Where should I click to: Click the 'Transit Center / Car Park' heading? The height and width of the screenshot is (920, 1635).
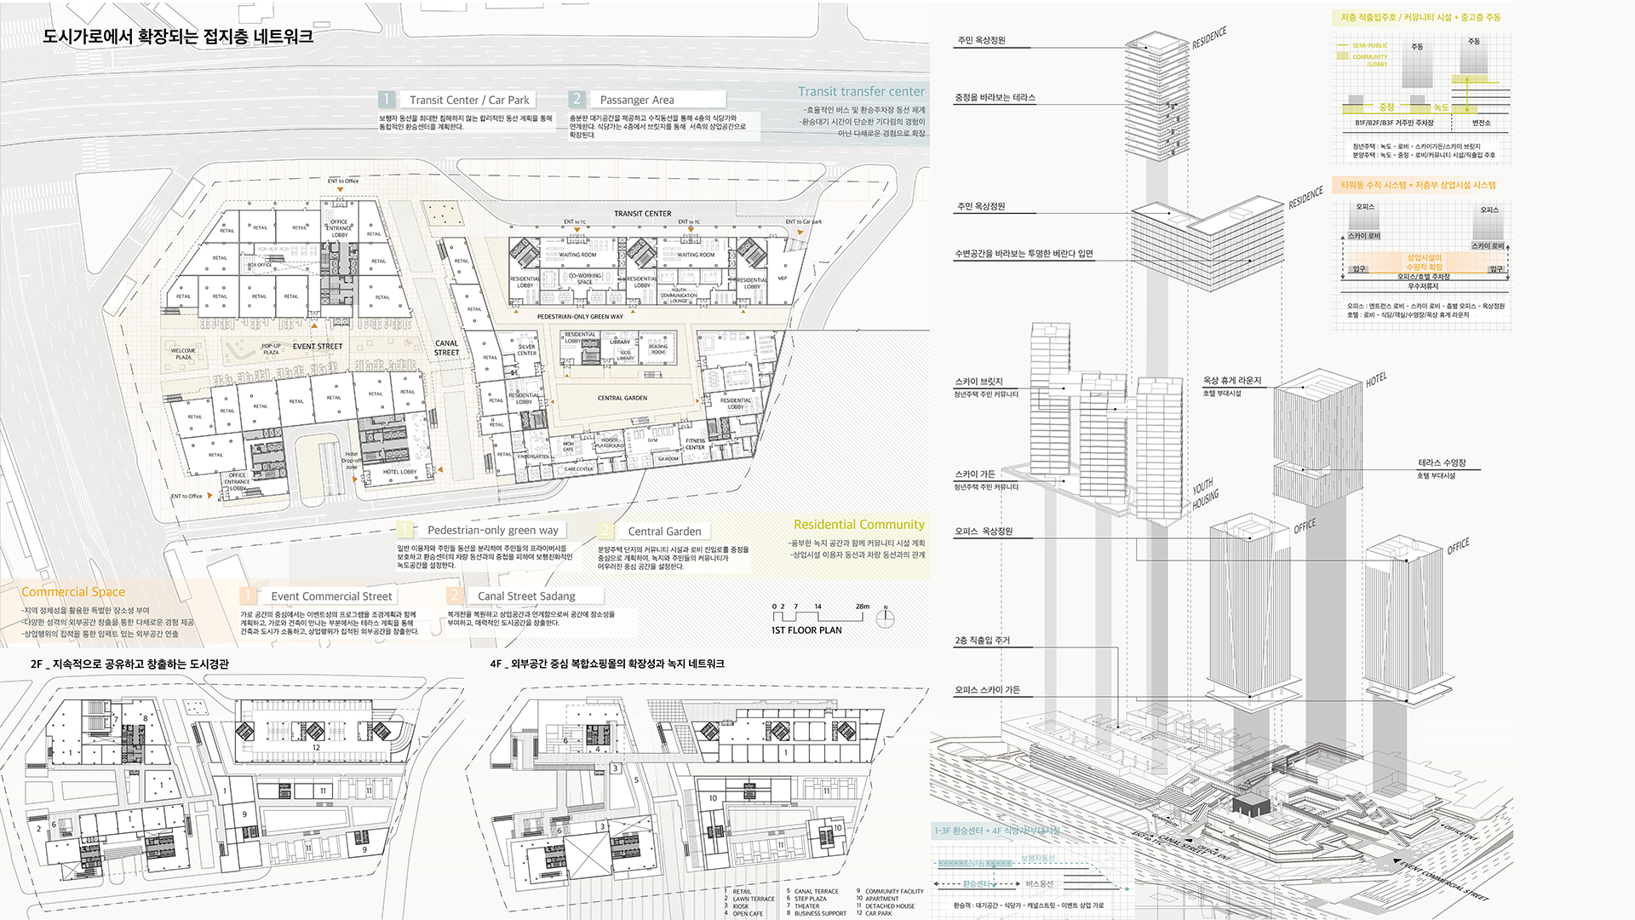point(469,100)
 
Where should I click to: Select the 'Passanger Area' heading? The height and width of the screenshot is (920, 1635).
point(636,100)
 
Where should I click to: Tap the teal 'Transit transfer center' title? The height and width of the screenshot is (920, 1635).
point(861,91)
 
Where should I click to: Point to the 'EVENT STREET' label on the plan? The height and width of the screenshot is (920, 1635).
point(318,347)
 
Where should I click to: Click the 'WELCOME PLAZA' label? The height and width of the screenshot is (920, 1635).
point(183,354)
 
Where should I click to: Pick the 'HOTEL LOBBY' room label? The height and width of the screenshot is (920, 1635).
point(399,472)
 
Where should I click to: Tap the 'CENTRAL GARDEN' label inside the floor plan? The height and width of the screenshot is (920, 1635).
point(622,398)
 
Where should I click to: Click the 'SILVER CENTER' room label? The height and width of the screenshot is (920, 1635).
point(527,350)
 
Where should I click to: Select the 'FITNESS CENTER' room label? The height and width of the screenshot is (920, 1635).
point(695,444)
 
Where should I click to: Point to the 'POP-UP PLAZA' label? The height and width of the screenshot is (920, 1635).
point(271,349)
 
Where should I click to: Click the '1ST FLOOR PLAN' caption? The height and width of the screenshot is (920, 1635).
point(806,630)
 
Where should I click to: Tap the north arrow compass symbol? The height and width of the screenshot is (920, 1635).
point(886,618)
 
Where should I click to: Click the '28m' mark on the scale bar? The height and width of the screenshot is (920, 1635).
point(863,607)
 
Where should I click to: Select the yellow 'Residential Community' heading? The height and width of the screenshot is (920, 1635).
point(858,525)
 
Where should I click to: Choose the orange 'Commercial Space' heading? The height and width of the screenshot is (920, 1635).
point(73,592)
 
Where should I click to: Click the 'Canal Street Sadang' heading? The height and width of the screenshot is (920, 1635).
point(526,596)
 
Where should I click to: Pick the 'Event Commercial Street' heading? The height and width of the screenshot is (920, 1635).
point(331,596)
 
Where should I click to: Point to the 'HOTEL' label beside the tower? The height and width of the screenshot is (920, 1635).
point(1376,380)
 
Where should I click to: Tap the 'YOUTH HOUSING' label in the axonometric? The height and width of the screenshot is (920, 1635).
point(1205,494)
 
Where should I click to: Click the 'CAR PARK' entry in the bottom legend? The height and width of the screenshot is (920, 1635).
point(879,913)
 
